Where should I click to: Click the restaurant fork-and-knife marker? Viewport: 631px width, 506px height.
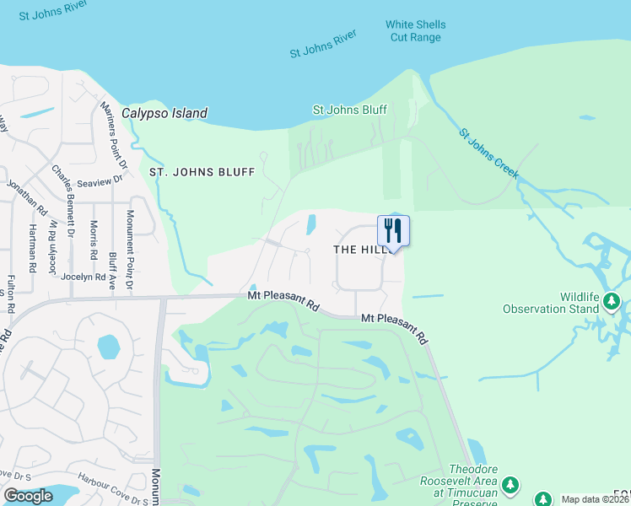[x=393, y=230]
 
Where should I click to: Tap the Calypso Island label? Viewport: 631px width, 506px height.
[x=164, y=113]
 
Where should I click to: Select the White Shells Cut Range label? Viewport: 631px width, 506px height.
[x=415, y=31]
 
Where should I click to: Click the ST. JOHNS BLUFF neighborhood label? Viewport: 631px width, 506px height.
[x=202, y=172]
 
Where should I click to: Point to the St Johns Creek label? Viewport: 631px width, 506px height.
[x=488, y=154]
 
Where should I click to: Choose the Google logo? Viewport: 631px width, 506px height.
[x=29, y=496]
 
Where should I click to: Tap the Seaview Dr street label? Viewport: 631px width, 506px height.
[x=100, y=180]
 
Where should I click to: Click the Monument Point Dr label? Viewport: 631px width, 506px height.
[x=130, y=250]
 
